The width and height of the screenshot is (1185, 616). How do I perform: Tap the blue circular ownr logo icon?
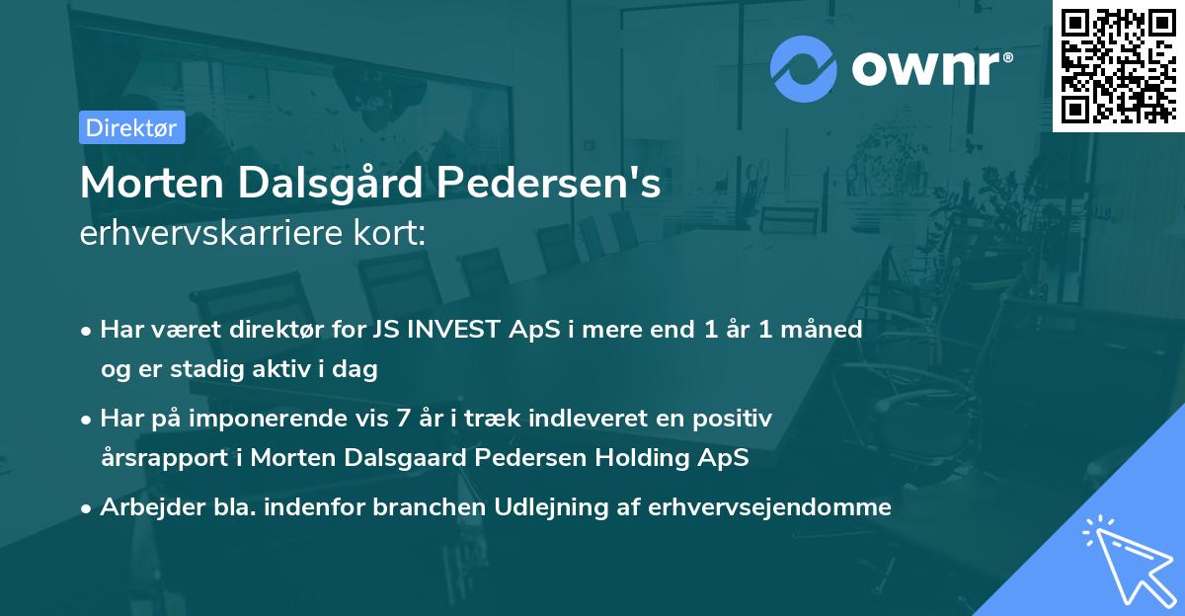point(803,68)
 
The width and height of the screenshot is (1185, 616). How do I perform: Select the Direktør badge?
point(131,127)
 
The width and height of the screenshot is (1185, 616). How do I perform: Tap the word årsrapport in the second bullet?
point(159,458)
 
